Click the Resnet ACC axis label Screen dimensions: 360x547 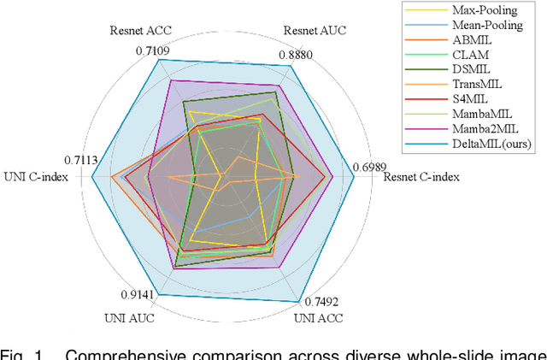coord(141,30)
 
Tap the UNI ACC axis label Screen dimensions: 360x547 coord(318,318)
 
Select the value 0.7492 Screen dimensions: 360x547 coord(321,301)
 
